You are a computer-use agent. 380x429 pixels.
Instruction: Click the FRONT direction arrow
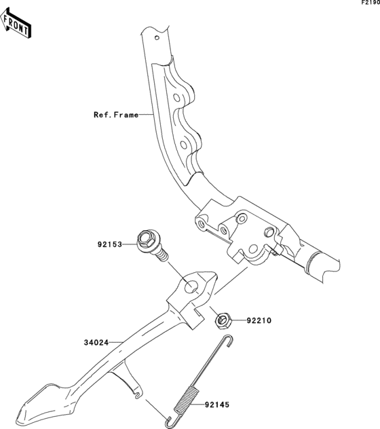16,23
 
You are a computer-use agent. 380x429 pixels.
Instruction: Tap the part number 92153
110,244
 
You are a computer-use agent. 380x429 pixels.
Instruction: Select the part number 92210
259,320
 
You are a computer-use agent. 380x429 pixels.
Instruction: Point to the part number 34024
96,343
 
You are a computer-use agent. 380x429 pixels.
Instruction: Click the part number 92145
217,405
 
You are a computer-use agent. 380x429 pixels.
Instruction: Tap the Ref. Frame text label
116,115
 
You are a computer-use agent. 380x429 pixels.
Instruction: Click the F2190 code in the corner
370,3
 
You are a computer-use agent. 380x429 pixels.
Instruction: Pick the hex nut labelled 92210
223,320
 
